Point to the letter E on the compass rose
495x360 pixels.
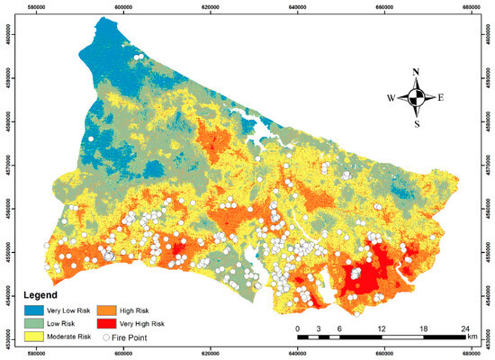(442, 98)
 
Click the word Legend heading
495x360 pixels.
(41, 294)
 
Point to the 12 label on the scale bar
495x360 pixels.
(382, 328)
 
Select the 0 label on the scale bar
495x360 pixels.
(298, 328)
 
